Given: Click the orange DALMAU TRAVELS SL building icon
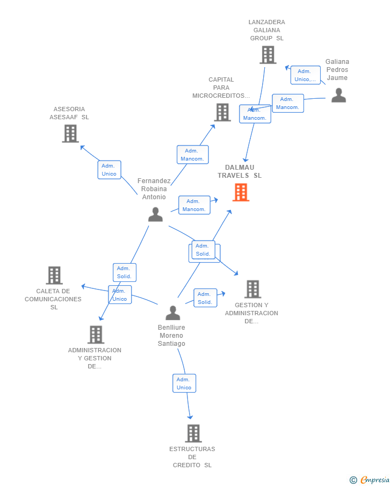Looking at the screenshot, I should [241, 192].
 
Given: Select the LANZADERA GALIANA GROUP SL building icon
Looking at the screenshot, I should [267, 55].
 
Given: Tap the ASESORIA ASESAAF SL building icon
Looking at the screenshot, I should [70, 134].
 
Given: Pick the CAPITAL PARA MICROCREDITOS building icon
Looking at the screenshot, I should [222, 112].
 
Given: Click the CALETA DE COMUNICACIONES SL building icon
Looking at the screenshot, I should [54, 275].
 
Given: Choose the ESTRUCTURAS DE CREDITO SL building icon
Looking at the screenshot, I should [193, 433].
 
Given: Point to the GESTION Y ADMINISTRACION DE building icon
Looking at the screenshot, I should [252, 289].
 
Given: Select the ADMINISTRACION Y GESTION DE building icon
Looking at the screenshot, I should [96, 335].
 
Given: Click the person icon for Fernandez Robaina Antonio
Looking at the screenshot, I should [155, 214].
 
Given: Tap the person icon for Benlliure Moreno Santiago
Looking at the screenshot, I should [172, 313].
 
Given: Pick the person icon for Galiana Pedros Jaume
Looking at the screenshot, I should [338, 95].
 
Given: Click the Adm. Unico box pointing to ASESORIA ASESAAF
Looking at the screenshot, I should [109, 170].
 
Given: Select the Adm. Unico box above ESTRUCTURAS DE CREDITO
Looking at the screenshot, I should [184, 383].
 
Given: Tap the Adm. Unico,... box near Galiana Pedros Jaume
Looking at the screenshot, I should [306, 75].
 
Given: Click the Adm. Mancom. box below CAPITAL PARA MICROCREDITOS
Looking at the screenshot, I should [192, 155].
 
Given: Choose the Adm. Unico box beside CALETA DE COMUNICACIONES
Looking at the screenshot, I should [120, 295].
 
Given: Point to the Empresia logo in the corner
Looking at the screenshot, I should [374, 480].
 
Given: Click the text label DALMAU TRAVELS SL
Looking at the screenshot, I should [240, 171].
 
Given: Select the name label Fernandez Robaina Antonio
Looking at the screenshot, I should [154, 189].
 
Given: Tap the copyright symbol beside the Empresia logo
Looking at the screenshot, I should [353, 480].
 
